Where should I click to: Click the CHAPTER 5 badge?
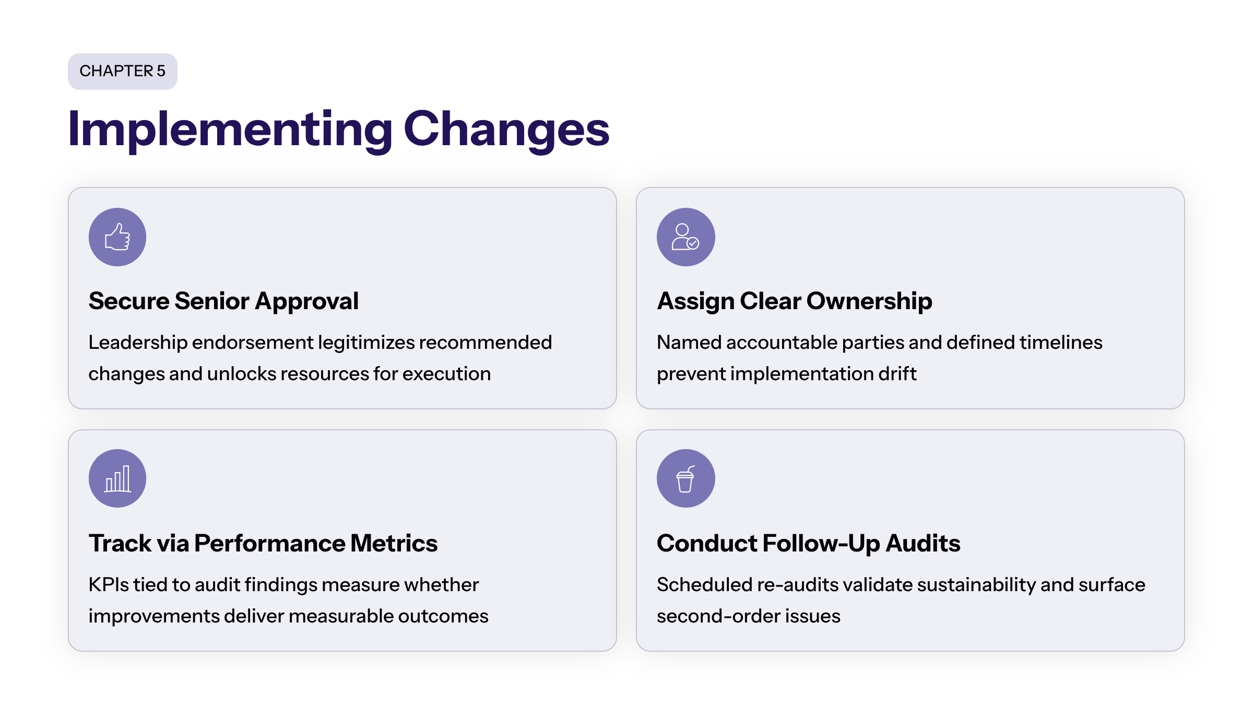pyautogui.click(x=123, y=71)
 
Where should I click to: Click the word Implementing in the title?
pyautogui.click(x=230, y=130)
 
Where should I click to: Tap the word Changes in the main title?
pyautogui.click(x=506, y=130)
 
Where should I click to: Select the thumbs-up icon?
pyautogui.click(x=117, y=237)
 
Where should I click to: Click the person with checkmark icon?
pyautogui.click(x=685, y=237)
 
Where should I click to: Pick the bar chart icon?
pyautogui.click(x=117, y=478)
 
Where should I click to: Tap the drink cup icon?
pyautogui.click(x=685, y=478)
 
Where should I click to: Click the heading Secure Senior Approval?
pyautogui.click(x=223, y=301)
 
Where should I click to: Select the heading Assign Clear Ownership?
pyautogui.click(x=794, y=301)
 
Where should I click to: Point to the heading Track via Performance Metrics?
pyautogui.click(x=263, y=544)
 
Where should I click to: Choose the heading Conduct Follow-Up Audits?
pyautogui.click(x=808, y=544)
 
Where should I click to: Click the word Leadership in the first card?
pyautogui.click(x=138, y=343)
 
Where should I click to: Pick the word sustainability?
pyautogui.click(x=976, y=585)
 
